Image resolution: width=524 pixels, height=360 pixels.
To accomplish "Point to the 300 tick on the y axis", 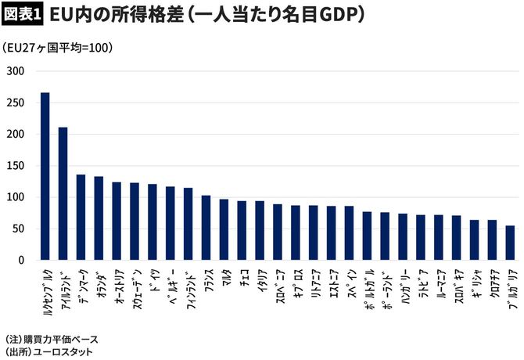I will [x=17, y=71].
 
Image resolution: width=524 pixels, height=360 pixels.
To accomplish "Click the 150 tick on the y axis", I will [x=17, y=166].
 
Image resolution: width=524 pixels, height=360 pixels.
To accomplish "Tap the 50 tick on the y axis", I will [x=20, y=229].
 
